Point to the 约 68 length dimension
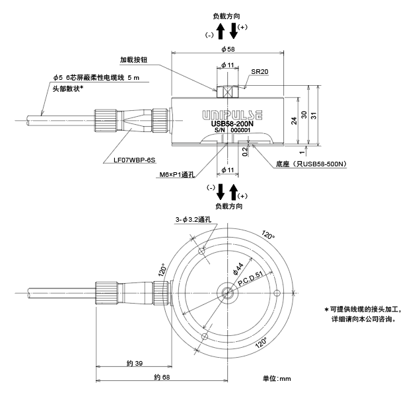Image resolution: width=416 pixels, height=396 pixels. coord(162,378)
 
